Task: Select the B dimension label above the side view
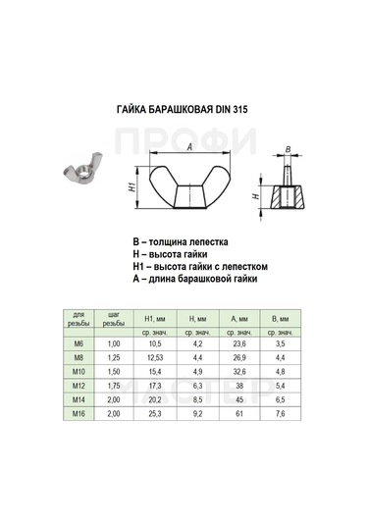288,149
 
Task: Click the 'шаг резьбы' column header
114,318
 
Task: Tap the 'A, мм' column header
238,319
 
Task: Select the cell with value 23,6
238,344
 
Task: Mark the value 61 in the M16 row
238,415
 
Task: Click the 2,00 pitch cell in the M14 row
114,401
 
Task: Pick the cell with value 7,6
281,415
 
